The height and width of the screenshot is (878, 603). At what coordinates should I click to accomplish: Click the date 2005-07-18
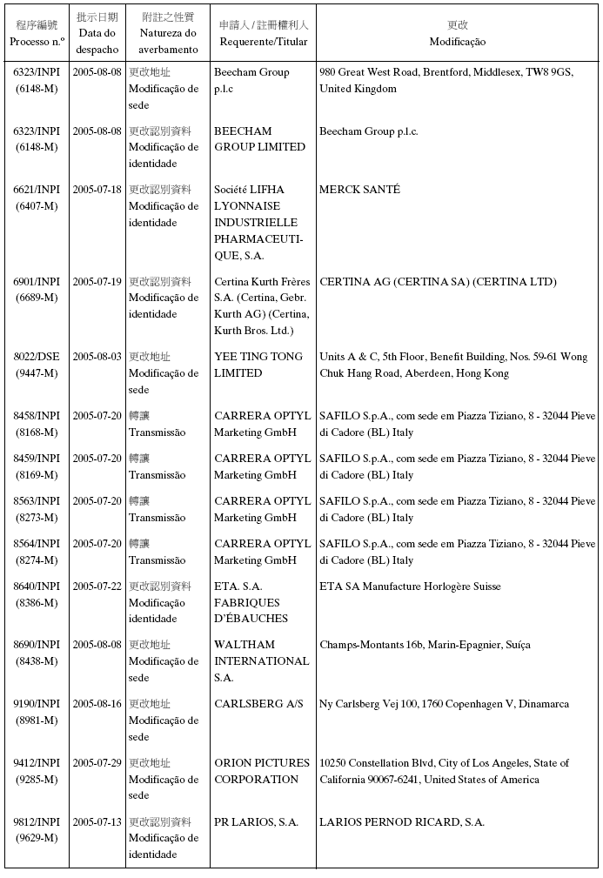coord(97,190)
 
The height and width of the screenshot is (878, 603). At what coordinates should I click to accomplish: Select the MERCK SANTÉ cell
coord(359,190)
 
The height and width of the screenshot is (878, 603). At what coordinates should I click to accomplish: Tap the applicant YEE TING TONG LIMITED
coord(258,365)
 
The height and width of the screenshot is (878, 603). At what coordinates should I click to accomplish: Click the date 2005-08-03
coord(97,357)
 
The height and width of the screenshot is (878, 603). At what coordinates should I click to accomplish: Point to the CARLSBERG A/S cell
coord(258,704)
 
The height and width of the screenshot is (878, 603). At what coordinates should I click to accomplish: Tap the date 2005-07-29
coord(97,763)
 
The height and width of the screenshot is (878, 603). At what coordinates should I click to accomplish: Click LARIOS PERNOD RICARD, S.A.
coord(402,822)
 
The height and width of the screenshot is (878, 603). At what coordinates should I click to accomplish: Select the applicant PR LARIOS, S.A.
coord(256,822)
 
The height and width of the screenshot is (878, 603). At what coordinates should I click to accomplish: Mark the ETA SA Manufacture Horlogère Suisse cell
coord(410,586)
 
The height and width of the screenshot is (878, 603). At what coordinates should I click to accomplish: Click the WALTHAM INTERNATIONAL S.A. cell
coord(261,660)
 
